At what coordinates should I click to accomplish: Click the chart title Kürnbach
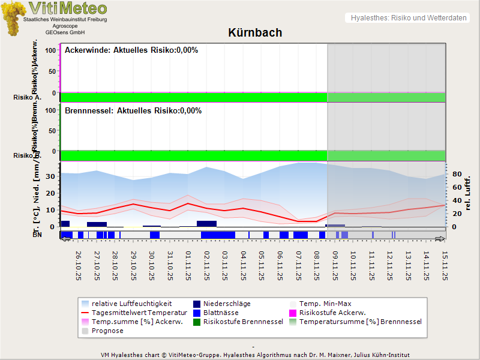(x=255, y=33)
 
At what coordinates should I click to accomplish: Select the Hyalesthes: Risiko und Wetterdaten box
(x=408, y=18)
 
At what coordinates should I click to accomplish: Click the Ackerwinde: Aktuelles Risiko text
(x=131, y=50)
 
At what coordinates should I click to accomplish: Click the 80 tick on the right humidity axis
(x=455, y=174)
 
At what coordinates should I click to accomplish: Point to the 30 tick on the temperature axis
(x=51, y=176)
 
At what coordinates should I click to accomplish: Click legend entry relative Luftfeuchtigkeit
(x=131, y=304)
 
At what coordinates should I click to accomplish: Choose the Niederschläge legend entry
(x=227, y=304)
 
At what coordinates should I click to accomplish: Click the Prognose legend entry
(x=107, y=331)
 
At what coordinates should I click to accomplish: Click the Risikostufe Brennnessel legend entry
(x=243, y=322)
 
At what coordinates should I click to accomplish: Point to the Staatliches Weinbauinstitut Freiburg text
(x=65, y=20)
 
